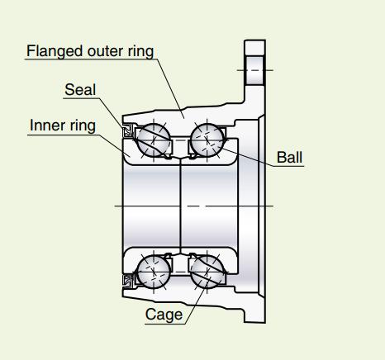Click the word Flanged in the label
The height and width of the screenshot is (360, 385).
(55, 51)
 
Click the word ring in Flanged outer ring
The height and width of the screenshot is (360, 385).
(140, 52)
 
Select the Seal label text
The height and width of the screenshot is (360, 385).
(80, 90)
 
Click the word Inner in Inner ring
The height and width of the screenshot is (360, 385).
(48, 126)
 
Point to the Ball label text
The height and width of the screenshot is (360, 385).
(289, 158)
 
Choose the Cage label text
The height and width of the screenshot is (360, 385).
(164, 315)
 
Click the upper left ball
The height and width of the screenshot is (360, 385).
(154, 140)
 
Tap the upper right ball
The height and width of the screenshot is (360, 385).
(207, 140)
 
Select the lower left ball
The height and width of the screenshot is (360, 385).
(154, 272)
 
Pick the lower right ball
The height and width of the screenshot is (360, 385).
(207, 272)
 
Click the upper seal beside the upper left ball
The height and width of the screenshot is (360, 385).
(128, 130)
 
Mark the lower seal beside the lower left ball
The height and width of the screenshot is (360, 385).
(128, 282)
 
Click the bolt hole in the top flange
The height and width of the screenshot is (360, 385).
(254, 70)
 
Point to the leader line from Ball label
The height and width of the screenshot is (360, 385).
(248, 157)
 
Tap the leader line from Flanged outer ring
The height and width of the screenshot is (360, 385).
(170, 88)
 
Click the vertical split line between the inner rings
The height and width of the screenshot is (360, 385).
(180, 205)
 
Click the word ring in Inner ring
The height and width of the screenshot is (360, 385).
(83, 126)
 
